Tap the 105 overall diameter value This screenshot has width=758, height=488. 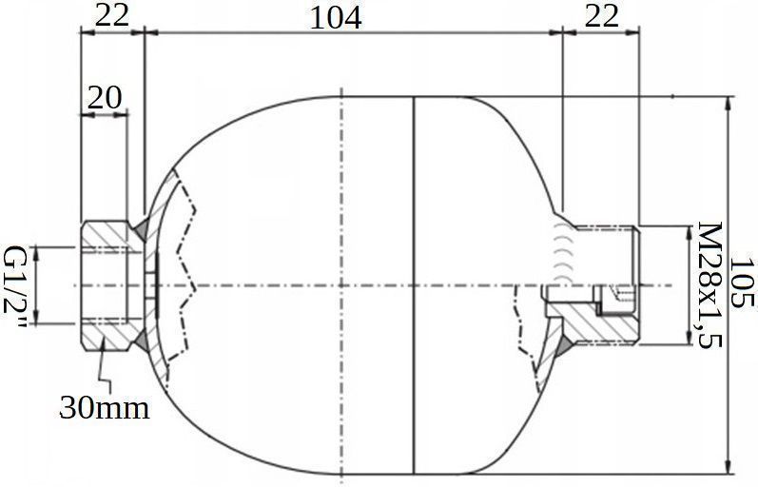(744, 283)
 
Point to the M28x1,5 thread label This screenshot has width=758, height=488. (709, 285)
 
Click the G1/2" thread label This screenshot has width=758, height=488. (16, 285)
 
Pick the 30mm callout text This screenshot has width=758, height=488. (105, 408)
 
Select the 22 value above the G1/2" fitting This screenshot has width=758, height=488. (110, 16)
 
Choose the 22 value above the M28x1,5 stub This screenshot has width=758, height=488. (600, 16)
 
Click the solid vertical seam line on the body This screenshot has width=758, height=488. (416, 285)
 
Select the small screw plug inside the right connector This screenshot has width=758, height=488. (620, 297)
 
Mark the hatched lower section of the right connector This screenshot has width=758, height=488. (599, 328)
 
